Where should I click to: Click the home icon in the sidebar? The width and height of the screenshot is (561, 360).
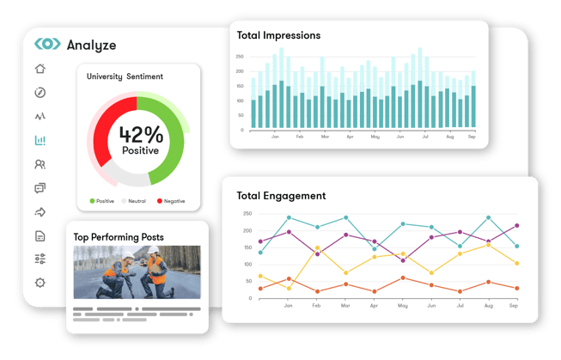pos(40,70)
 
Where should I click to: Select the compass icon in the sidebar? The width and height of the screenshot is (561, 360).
pos(40,93)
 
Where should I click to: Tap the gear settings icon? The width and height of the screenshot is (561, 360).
pos(40,283)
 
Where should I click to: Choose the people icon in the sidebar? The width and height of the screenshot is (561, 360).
pos(40,164)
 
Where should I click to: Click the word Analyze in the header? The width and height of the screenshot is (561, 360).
pos(91,45)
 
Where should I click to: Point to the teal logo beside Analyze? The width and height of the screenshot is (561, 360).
pos(47,45)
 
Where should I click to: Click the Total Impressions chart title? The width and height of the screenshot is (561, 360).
pos(278,36)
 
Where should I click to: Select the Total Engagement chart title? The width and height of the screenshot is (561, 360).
pos(280,196)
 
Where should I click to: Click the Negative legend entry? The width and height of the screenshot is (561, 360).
pos(173,201)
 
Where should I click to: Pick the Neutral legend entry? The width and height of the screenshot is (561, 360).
pos(133,201)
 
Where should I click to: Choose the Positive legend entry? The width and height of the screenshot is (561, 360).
pos(101,201)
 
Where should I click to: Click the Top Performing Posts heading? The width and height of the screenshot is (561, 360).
pos(118,237)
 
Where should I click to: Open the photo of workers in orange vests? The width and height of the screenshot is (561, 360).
pos(137,272)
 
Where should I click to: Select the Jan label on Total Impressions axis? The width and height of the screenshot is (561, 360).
pos(276,137)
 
